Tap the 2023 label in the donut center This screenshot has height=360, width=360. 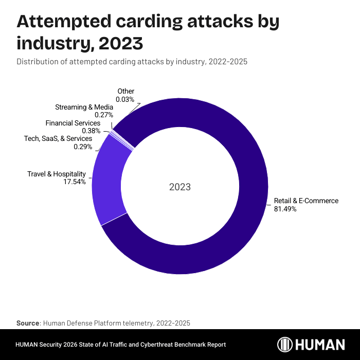[x=180, y=187]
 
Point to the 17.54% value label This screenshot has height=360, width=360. [x=76, y=182]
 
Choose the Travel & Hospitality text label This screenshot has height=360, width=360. [x=57, y=174]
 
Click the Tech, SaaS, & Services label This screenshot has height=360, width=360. [x=58, y=138]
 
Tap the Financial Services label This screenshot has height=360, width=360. [x=73, y=123]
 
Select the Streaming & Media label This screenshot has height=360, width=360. [x=84, y=107]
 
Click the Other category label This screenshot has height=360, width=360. [x=126, y=91]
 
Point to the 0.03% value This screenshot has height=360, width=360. [x=125, y=99]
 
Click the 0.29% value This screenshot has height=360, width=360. [x=83, y=147]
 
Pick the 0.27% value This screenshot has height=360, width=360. [x=104, y=115]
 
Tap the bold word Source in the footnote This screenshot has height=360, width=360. [x=28, y=323]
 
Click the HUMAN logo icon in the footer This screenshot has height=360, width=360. [x=285, y=345]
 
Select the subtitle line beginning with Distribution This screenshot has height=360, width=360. [x=132, y=62]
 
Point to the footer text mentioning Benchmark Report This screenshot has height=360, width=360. [x=121, y=345]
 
